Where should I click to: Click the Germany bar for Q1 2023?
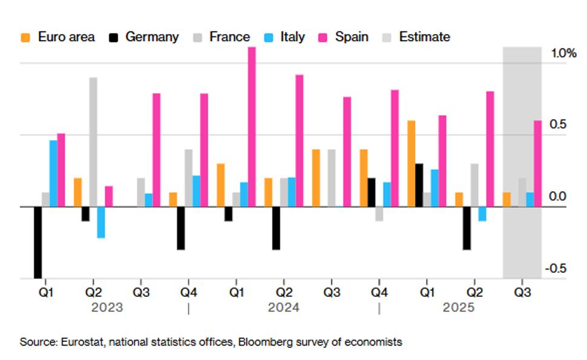38,242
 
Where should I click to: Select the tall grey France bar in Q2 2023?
93,142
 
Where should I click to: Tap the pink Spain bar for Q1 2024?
252,127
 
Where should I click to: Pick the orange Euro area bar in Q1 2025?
411,164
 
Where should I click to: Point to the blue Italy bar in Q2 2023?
101,222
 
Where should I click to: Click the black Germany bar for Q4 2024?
371,192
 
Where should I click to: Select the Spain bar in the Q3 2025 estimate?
538,164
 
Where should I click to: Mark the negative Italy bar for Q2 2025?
482,213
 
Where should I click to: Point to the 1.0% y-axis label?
564,54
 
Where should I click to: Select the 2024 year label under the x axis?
284,308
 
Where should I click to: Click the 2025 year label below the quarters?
459,308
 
